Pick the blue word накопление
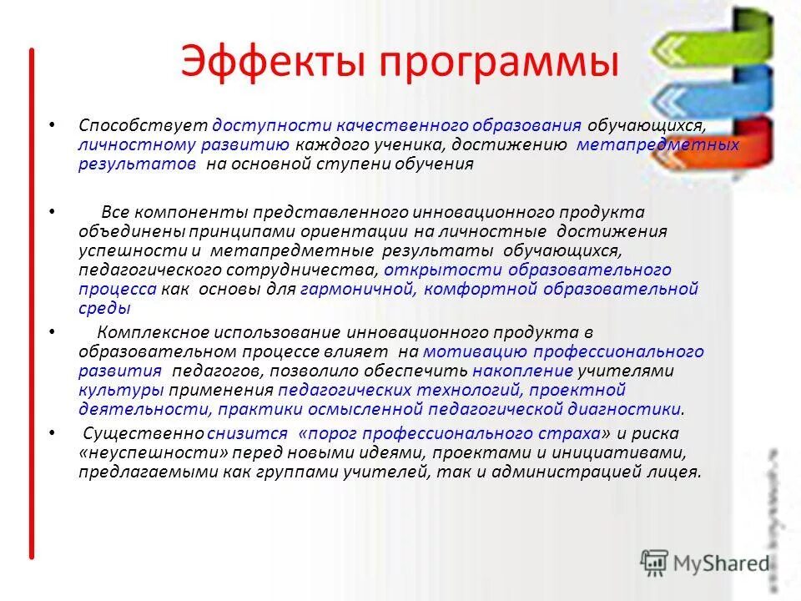tap(523, 371)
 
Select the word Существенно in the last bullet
tap(144, 433)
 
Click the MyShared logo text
tap(723, 563)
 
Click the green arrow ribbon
tap(718, 38)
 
